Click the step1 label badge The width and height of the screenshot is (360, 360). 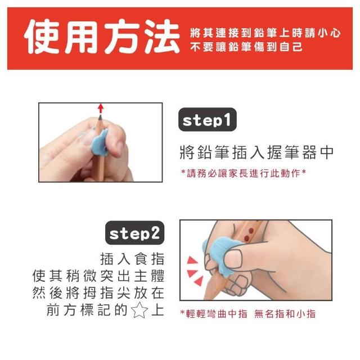(208, 119)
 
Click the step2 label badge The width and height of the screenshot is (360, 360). (135, 233)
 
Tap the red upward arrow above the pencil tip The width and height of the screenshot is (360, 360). (100, 109)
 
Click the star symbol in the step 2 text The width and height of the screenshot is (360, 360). (139, 310)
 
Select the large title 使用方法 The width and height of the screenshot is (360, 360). (102, 37)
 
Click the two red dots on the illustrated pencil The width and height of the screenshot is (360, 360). (249, 234)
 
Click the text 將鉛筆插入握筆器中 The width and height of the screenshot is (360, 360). (256, 152)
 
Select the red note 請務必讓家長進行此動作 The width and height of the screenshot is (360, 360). (244, 173)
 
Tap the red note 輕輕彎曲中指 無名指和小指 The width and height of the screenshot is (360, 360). (248, 314)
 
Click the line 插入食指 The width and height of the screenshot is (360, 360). (133, 259)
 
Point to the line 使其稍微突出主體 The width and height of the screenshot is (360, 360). (98, 276)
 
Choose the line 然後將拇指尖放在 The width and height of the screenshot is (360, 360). (98, 293)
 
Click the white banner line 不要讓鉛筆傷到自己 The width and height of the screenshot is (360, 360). (246, 47)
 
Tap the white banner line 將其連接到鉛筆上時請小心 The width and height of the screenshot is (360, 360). (265, 33)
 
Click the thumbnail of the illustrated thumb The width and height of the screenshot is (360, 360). (232, 259)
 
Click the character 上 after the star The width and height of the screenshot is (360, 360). (157, 310)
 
